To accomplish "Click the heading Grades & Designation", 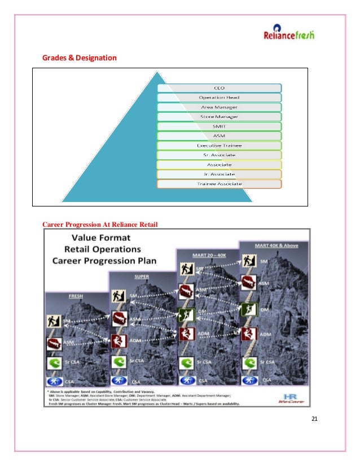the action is [x=80, y=58].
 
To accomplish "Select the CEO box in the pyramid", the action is [x=219, y=87].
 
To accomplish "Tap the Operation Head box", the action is [x=219, y=97].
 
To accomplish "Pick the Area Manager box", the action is [x=219, y=107].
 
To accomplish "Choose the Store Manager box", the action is [x=219, y=116].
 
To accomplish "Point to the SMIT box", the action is [x=219, y=126].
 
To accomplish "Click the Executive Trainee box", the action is [x=219, y=146].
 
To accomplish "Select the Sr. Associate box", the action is [x=219, y=155].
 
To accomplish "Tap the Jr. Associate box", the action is [x=219, y=174].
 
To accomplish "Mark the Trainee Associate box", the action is [x=219, y=184].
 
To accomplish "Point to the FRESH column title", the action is [x=76, y=295].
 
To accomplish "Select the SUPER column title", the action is [x=142, y=276].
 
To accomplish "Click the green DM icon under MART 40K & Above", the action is [x=246, y=309].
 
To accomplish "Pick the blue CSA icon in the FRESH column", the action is [x=54, y=380].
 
